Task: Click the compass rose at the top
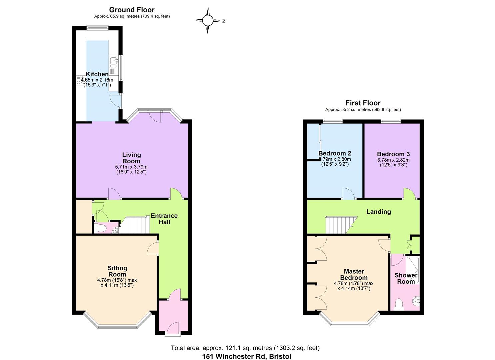click(x=207, y=21)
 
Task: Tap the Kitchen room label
click(x=97, y=74)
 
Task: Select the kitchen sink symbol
click(x=113, y=61)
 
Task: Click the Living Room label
click(x=131, y=158)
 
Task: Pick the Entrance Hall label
click(x=164, y=219)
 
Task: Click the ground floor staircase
click(x=135, y=225)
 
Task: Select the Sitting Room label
click(x=117, y=271)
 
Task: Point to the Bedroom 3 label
click(x=393, y=154)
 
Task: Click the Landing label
click(x=378, y=212)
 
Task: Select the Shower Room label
click(x=406, y=278)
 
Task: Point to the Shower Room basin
click(x=415, y=301)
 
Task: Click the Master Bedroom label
click(x=354, y=274)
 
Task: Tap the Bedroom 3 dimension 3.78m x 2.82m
click(x=393, y=160)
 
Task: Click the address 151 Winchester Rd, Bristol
click(x=247, y=356)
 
